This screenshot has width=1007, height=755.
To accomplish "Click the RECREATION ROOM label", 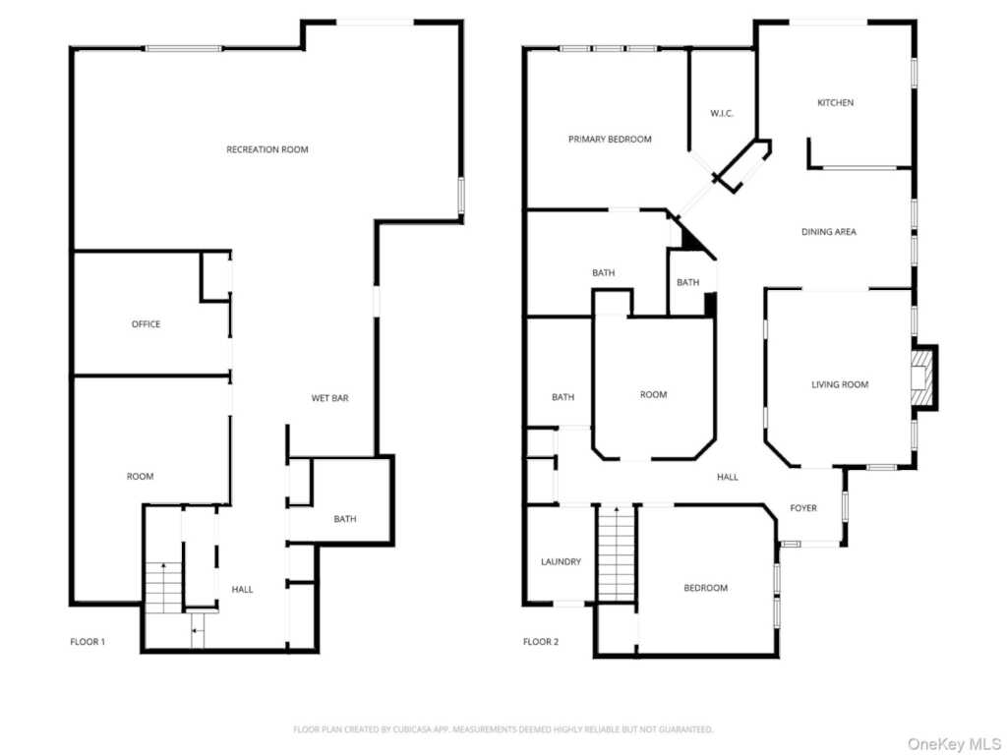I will pos(267,149).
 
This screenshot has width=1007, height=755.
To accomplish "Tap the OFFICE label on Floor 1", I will pos(146,324).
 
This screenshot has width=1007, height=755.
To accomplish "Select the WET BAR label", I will pos(329,398).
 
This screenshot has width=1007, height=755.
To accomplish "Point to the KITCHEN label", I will pos(836,103).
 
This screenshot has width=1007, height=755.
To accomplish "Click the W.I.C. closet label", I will pos(722,114).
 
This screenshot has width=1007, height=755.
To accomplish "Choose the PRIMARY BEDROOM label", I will pos(610,140).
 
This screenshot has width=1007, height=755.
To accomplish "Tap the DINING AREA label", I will pos(828,232).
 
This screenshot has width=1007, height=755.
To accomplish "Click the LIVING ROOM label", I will pos(840,384).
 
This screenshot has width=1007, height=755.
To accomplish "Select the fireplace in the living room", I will pos(921,378).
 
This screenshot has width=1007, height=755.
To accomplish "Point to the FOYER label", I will pos(803,508).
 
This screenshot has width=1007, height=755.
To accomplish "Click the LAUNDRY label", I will pos(561,562).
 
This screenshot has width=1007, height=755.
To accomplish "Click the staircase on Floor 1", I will pos(164,586).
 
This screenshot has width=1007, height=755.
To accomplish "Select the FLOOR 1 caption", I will pos(88,642).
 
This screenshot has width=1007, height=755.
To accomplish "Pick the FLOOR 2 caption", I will pos(541,642).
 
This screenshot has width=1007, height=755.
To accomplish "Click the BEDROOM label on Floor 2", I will pos(706,588).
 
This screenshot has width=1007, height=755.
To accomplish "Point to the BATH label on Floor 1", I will pos(344,519).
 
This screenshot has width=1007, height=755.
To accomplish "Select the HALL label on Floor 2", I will pos(728,477).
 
